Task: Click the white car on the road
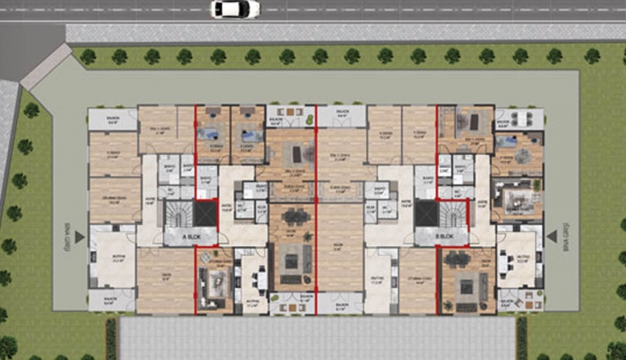[x=236, y=9]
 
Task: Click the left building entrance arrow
[x=79, y=235]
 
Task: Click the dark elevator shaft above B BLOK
[x=425, y=213]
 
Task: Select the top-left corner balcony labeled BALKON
[x=113, y=119]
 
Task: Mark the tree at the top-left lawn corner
[x=87, y=57]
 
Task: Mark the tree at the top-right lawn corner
[x=592, y=56]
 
